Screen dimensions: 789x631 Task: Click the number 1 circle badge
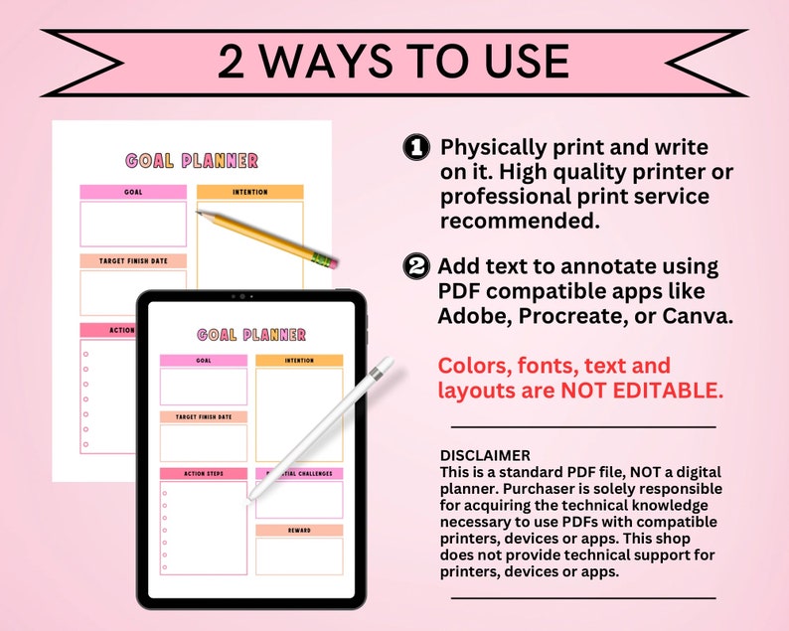[416, 147]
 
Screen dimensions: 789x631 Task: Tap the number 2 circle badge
[416, 266]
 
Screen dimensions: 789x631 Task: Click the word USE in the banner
[527, 62]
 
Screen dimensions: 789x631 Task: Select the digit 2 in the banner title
[231, 62]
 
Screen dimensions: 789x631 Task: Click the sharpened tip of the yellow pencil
[198, 212]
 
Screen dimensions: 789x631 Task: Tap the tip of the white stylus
[248, 501]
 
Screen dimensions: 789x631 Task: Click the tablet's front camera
[242, 296]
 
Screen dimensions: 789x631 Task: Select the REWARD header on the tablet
[299, 531]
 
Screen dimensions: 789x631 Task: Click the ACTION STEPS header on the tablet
[204, 474]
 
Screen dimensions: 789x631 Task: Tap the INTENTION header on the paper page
[250, 192]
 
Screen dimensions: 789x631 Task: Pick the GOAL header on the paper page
[133, 192]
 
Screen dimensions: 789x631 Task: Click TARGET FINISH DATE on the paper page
[133, 261]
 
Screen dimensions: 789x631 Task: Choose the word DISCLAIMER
[485, 455]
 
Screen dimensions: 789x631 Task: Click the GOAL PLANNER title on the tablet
[251, 335]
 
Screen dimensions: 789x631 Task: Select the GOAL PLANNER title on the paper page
[192, 161]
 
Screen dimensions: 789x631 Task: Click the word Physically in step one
[494, 148]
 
